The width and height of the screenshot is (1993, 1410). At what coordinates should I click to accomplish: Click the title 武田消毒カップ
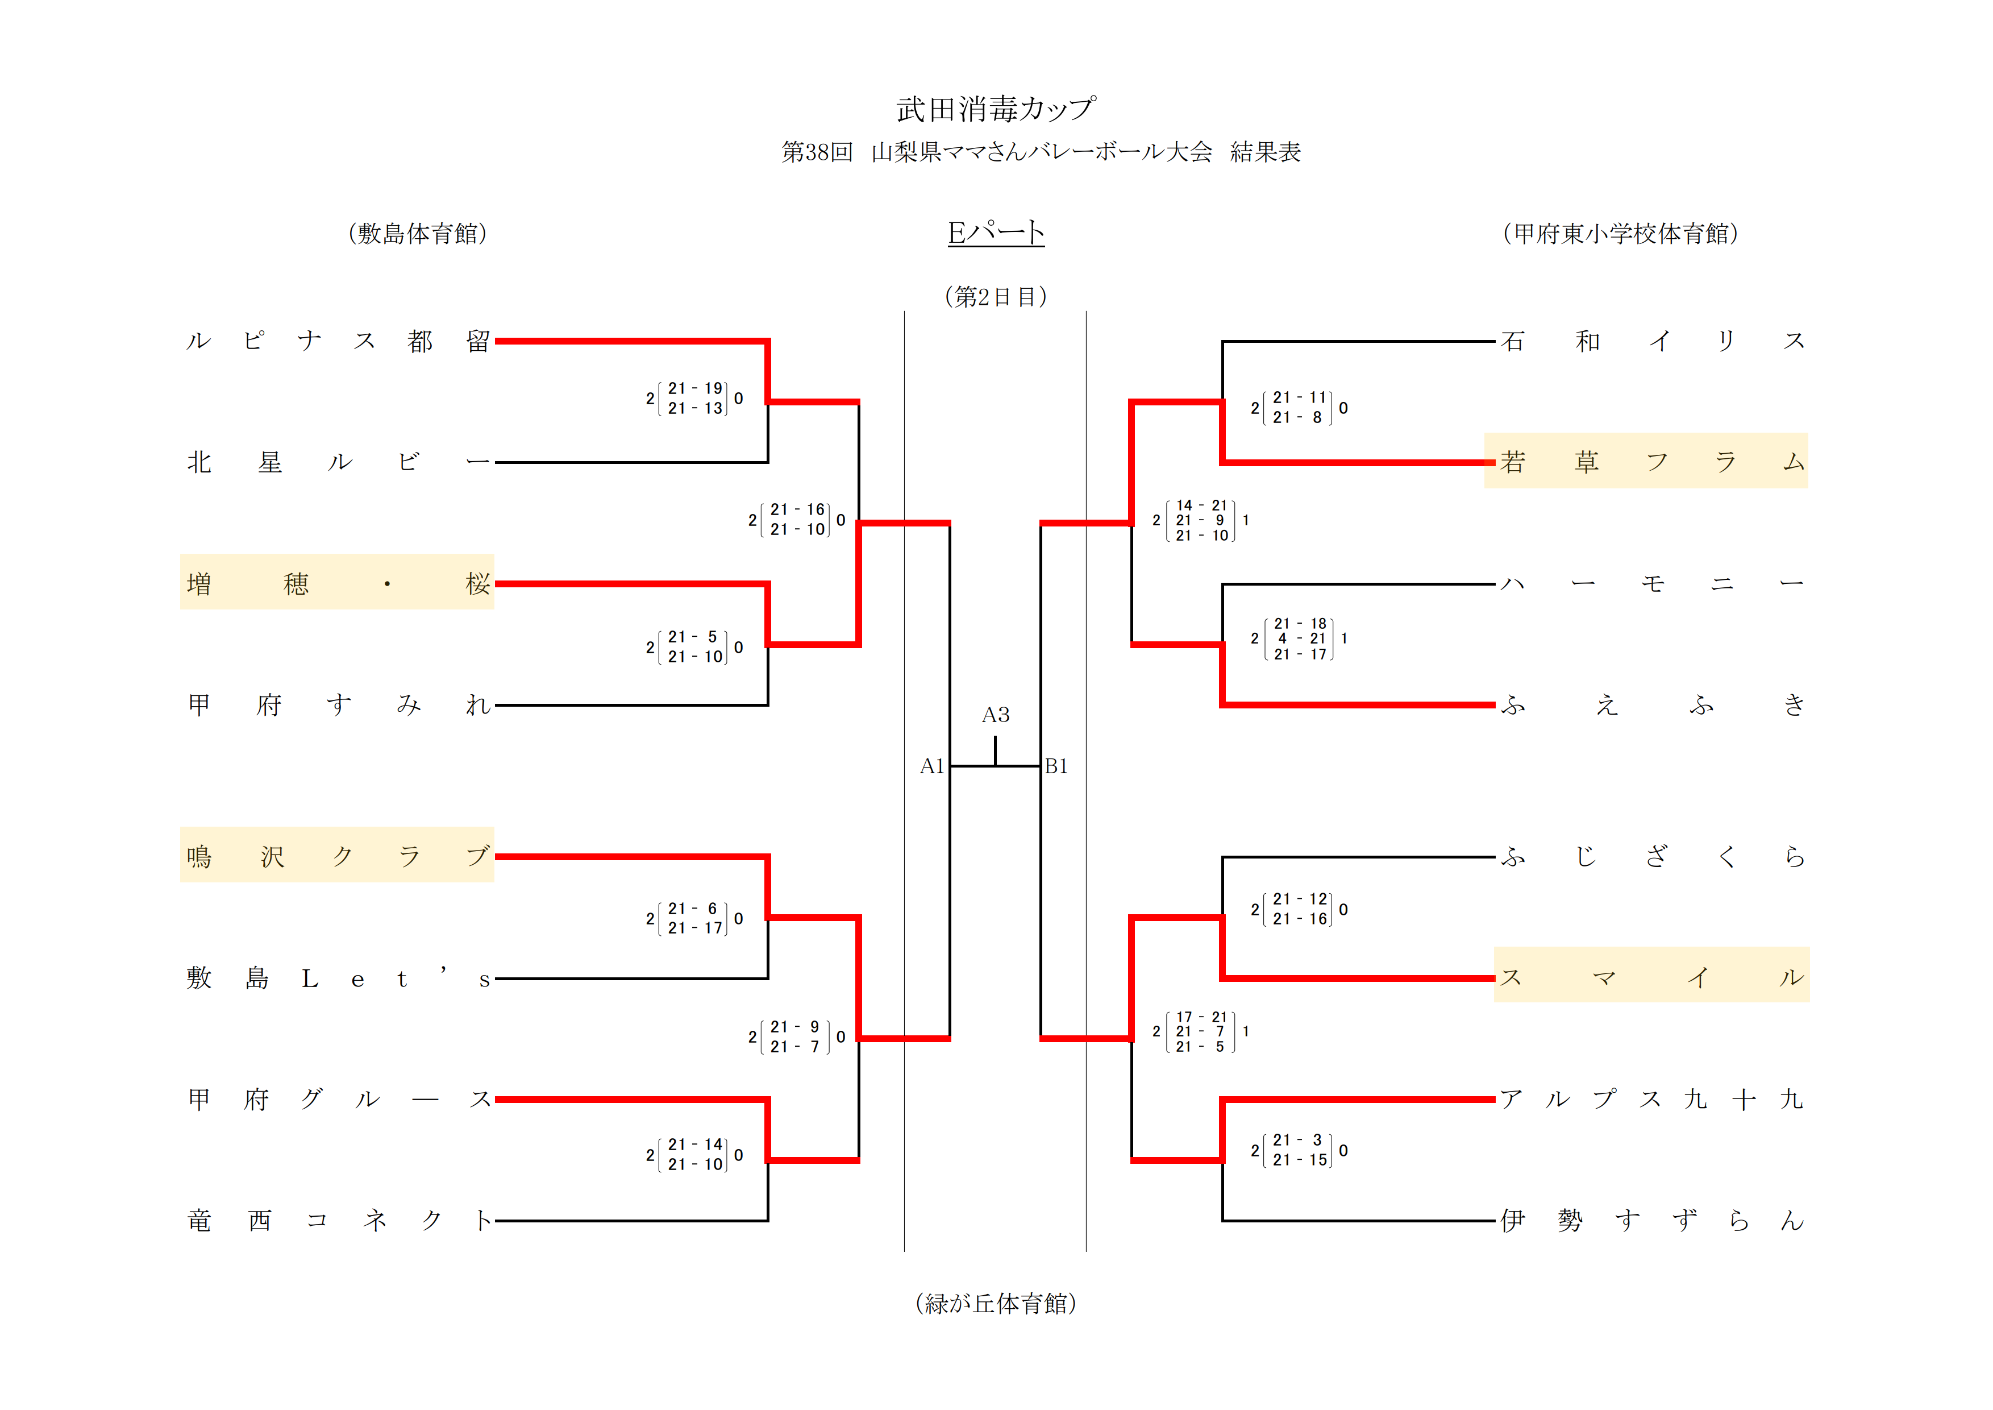(996, 109)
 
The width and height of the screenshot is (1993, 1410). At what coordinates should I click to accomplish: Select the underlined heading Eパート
(996, 233)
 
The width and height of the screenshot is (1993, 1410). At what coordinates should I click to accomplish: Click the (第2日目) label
(996, 297)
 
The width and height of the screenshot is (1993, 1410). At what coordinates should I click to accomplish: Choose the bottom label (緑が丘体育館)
(996, 1303)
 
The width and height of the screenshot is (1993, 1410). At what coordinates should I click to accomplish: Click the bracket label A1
(931, 766)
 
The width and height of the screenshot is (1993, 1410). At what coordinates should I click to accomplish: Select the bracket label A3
(996, 715)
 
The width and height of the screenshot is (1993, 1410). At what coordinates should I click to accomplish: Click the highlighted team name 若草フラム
(1646, 461)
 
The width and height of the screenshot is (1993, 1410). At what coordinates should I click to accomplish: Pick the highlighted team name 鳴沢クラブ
(338, 856)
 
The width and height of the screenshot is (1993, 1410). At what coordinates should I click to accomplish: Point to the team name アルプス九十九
(1651, 1099)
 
